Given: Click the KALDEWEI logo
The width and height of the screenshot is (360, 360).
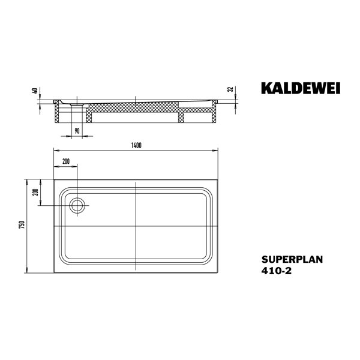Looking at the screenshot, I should tap(301, 89).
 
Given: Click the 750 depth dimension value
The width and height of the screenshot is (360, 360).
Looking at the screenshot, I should tap(22, 224).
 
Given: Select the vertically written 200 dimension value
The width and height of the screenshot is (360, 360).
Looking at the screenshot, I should tap(35, 192).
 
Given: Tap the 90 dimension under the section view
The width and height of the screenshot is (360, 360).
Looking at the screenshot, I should tap(77, 130).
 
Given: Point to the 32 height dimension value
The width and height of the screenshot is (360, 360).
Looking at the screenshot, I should tap(231, 89).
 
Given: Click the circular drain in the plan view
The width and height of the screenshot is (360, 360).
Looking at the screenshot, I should tap(77, 206).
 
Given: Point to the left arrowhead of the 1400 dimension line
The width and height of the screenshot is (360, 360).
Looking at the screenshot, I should tap(56, 152).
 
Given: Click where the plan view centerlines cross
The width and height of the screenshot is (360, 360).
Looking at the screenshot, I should tap(136, 225).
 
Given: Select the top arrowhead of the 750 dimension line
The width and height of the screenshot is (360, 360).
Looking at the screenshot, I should tap(28, 181).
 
